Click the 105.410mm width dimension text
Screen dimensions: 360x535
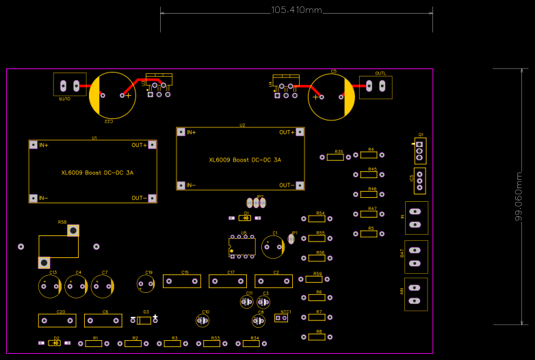tap(296, 10)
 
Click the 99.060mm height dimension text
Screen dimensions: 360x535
tap(519, 196)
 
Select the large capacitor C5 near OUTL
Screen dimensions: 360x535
tap(331, 97)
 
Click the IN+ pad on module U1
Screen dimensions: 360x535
tap(34, 145)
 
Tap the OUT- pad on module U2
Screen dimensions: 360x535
tap(299, 185)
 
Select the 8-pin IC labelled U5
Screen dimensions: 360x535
tap(242, 246)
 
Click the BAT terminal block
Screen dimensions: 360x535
tap(416, 257)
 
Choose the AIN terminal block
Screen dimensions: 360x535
tap(416, 294)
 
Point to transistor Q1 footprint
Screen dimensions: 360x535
tap(419, 150)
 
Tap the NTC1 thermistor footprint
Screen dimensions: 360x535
tap(281, 318)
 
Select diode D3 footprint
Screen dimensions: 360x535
tap(145, 320)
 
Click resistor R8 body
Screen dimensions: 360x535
tap(316, 337)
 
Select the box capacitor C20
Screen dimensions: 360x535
tap(57, 320)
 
